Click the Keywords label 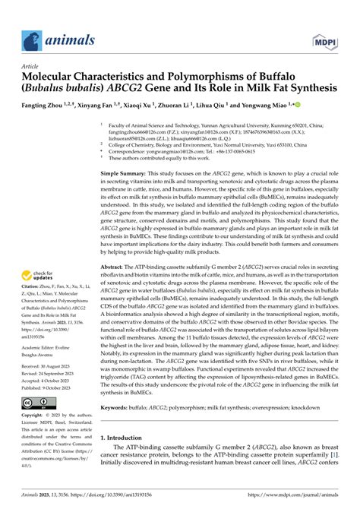(x=118, y=408)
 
